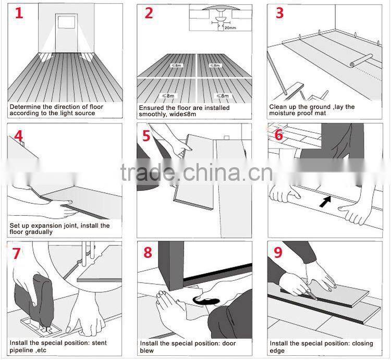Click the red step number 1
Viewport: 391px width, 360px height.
click(19, 14)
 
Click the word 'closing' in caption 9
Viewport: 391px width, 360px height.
click(355, 343)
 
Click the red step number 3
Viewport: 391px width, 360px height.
click(279, 14)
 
